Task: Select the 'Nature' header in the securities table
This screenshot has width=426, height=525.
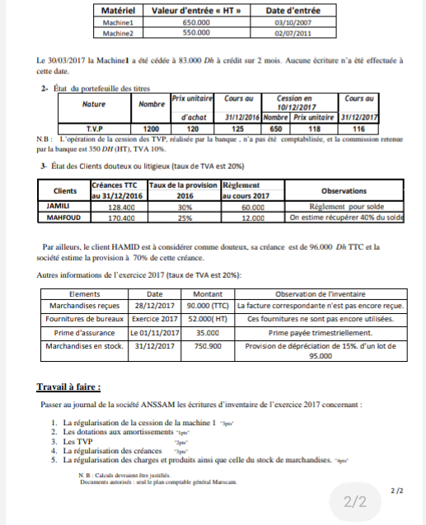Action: tap(100, 105)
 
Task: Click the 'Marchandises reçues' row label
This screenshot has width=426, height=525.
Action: tap(85, 305)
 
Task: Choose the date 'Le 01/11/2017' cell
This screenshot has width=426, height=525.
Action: tap(155, 332)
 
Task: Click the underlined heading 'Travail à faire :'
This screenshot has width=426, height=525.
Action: tap(69, 387)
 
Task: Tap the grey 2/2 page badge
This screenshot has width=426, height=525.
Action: tap(355, 501)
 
